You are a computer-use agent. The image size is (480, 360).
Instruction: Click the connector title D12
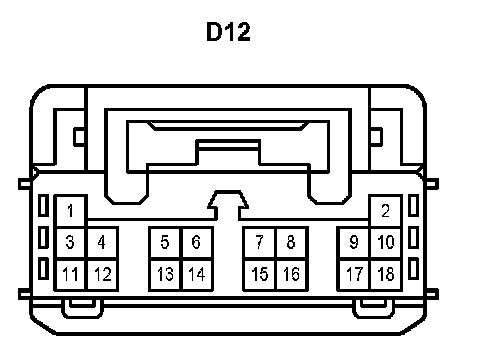[x=228, y=32]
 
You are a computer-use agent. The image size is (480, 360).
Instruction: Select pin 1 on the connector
[x=70, y=211]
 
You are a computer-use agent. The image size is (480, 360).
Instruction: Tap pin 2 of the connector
[x=386, y=211]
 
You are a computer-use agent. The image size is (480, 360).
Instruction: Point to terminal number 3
[x=70, y=242]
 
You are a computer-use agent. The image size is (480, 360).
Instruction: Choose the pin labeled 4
[x=102, y=242]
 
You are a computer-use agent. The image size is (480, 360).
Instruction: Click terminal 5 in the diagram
[x=165, y=242]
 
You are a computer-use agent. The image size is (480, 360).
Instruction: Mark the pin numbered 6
[x=197, y=242]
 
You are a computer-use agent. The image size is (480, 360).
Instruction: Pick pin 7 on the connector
[x=260, y=242]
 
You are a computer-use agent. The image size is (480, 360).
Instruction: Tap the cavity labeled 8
[x=291, y=242]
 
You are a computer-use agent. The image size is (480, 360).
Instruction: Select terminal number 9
[x=354, y=242]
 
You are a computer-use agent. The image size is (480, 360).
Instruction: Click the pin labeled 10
[x=386, y=242]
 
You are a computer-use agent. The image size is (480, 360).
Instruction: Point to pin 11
[x=70, y=274]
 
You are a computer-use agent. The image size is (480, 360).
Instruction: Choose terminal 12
[x=102, y=274]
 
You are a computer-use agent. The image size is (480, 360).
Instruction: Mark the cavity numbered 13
[x=165, y=274]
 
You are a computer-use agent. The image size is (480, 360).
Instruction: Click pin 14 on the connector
[x=197, y=274]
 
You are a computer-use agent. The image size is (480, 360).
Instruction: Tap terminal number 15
[x=260, y=274]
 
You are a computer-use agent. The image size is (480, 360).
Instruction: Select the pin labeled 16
[x=291, y=274]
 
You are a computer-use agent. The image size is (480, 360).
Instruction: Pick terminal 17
[x=354, y=274]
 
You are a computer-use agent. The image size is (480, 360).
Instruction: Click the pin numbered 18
[x=386, y=274]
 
